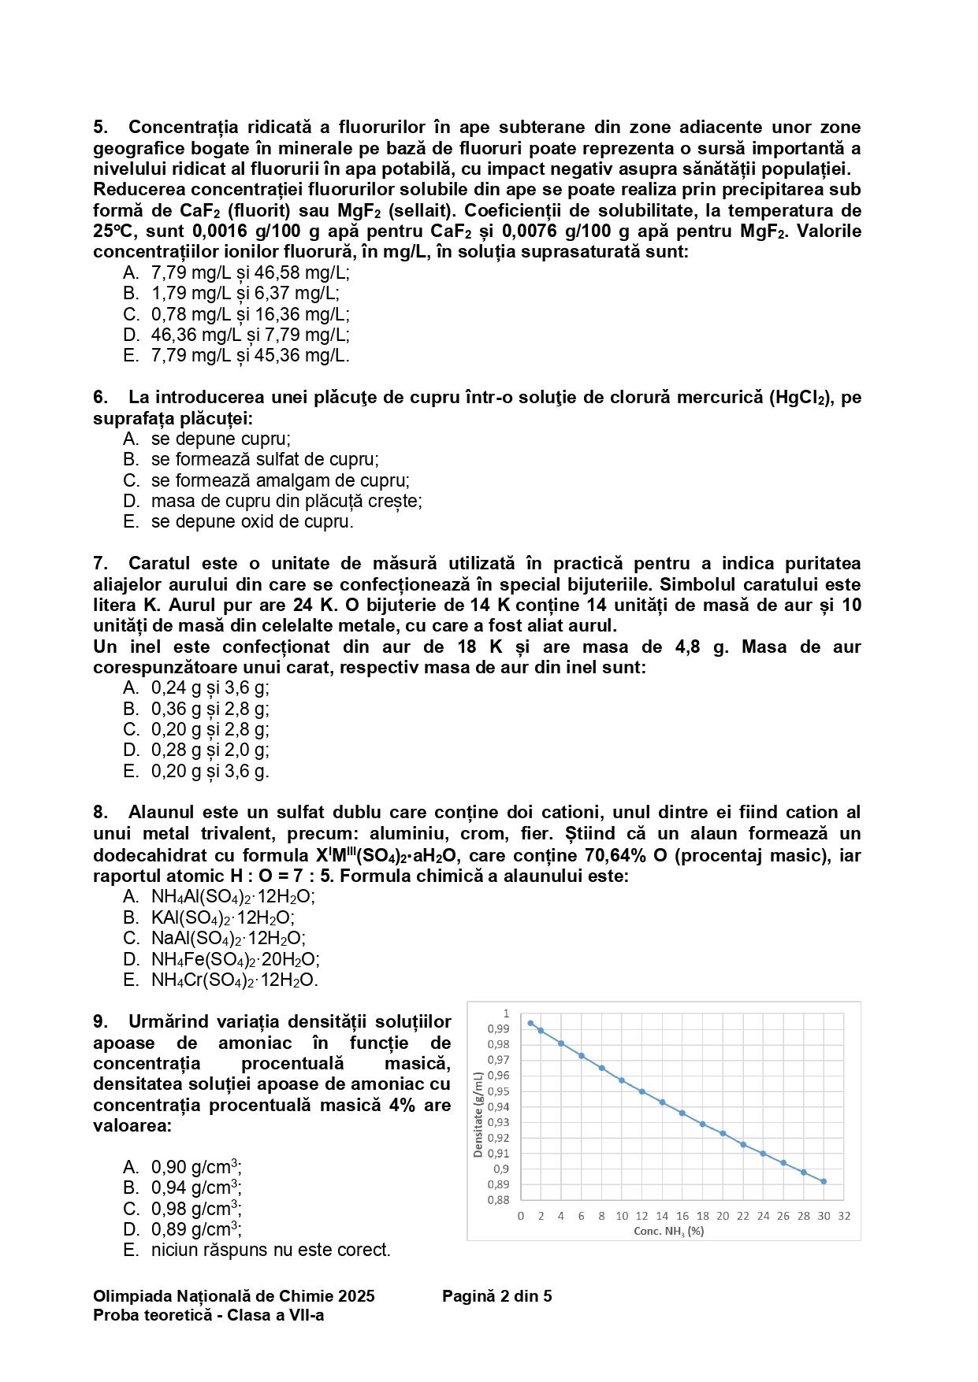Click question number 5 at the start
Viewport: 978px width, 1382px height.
click(x=100, y=128)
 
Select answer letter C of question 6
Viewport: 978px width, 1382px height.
click(x=131, y=480)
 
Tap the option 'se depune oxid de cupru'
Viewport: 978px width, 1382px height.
click(x=252, y=521)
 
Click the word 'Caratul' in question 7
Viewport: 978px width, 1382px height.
click(x=159, y=564)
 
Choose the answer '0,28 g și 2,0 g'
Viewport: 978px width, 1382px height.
click(x=210, y=750)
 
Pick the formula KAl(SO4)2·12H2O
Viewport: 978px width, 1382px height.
click(x=223, y=917)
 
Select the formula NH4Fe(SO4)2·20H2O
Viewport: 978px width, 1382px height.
click(x=235, y=959)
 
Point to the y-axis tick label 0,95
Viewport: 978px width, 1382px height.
click(x=498, y=1091)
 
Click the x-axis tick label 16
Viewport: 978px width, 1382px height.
click(x=682, y=1216)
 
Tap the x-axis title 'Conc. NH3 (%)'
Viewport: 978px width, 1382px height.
click(x=669, y=1231)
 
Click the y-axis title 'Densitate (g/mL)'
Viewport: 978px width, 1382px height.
click(x=478, y=1114)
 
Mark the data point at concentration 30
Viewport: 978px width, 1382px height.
click(x=824, y=1181)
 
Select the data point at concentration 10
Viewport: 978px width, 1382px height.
click(x=622, y=1080)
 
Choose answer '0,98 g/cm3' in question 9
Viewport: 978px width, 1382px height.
click(x=196, y=1209)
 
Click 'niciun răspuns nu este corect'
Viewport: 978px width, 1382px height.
click(x=270, y=1250)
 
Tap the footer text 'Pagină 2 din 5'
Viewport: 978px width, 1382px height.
click(x=496, y=1296)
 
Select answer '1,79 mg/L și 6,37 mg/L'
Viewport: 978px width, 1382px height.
click(x=245, y=293)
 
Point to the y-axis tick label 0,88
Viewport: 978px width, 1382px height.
click(x=498, y=1200)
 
